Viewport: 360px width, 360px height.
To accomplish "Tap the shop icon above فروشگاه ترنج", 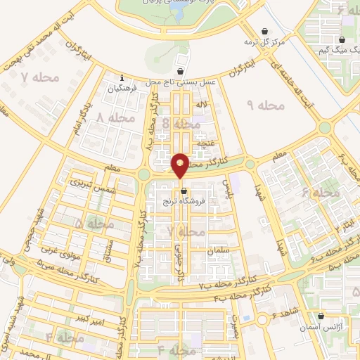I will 184,190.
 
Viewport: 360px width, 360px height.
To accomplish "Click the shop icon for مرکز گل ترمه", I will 264,32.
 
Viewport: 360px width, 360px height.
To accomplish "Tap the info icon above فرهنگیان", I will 123,78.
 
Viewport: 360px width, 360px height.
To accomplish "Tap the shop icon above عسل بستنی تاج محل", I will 181,71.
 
